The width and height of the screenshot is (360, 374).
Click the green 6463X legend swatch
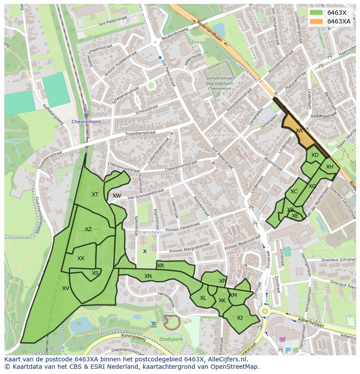(x=316, y=13)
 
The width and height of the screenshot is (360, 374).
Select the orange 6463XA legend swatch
(x=316, y=21)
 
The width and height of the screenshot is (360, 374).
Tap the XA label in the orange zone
(x=299, y=130)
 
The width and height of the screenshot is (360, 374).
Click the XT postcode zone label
(x=95, y=195)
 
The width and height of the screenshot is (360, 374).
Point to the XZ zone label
(x=88, y=229)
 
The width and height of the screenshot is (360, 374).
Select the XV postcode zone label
(x=66, y=288)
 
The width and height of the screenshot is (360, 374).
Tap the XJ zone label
(x=240, y=318)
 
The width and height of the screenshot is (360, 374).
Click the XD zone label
(x=315, y=155)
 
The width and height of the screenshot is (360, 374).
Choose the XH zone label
(x=330, y=167)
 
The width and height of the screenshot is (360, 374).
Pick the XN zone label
(x=148, y=276)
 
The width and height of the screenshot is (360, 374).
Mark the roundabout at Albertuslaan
(x=264, y=311)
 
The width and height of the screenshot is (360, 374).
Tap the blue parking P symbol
(x=287, y=350)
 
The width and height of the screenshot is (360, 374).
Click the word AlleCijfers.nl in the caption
(x=227, y=360)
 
